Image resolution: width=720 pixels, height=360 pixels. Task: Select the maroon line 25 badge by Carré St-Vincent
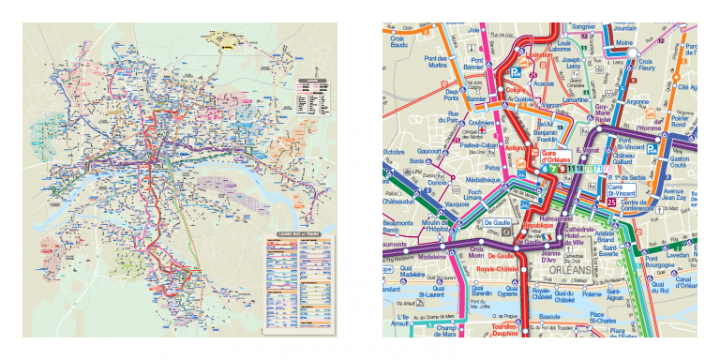point(610,202)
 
